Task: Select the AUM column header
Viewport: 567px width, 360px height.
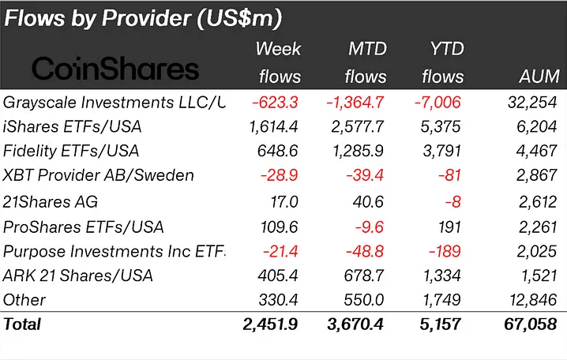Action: [540, 77]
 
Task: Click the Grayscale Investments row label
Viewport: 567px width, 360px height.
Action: [114, 102]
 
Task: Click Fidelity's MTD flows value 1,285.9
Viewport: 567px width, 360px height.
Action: [358, 151]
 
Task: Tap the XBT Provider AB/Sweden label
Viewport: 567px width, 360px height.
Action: [99, 176]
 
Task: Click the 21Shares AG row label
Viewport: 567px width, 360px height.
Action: [52, 201]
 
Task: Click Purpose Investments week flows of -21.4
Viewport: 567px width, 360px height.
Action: [280, 250]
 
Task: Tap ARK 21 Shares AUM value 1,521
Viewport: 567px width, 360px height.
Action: [540, 276]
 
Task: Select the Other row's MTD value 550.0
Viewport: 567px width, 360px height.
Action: [366, 300]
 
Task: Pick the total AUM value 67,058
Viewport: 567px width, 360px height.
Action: [534, 324]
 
